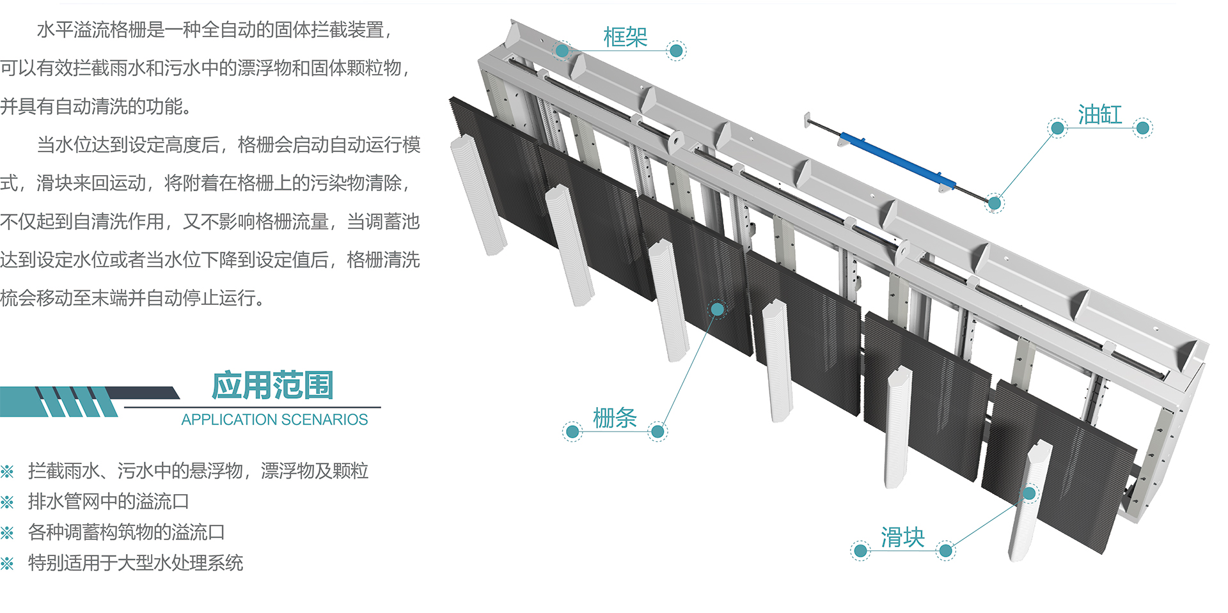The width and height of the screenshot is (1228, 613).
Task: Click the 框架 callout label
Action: pos(625,37)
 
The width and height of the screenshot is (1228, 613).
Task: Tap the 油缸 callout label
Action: pos(1099,115)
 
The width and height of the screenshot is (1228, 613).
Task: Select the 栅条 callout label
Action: pos(615,418)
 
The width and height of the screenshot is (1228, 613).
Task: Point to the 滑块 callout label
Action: pos(902,538)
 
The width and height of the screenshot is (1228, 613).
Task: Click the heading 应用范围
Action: pos(273,385)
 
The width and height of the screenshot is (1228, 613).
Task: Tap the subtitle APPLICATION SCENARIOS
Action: pos(274,419)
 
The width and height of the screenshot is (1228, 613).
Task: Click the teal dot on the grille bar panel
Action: pos(717,309)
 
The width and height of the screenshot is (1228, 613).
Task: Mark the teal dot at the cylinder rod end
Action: pos(994,203)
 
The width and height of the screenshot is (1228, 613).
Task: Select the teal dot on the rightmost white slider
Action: pos(1029,493)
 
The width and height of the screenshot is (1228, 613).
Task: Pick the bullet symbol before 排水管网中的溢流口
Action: pos(7,502)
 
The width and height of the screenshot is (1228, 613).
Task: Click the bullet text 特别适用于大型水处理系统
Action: pos(135,563)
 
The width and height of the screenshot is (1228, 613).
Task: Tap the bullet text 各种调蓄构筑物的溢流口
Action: pos(126,532)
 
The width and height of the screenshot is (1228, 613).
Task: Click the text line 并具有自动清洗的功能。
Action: pos(96,106)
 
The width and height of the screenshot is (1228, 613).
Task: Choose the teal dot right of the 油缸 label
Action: pos(1142,128)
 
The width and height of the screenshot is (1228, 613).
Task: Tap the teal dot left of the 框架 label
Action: pos(562,50)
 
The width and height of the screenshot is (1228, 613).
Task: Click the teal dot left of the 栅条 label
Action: pos(572,432)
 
